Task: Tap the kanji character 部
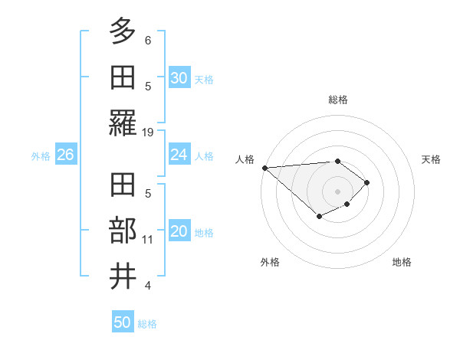(123, 231)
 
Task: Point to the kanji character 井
(123, 277)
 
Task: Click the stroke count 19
(148, 133)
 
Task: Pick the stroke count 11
(148, 239)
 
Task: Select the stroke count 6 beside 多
(148, 39)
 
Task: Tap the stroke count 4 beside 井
(148, 286)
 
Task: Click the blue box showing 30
(179, 78)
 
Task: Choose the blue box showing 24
(179, 155)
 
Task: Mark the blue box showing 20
(179, 232)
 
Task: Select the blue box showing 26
(65, 155)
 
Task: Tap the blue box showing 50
(123, 322)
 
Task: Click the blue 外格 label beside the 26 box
(41, 155)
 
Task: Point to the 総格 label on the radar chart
(338, 100)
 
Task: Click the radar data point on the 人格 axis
(264, 168)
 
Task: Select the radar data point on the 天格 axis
(368, 182)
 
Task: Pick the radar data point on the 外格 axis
(320, 218)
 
